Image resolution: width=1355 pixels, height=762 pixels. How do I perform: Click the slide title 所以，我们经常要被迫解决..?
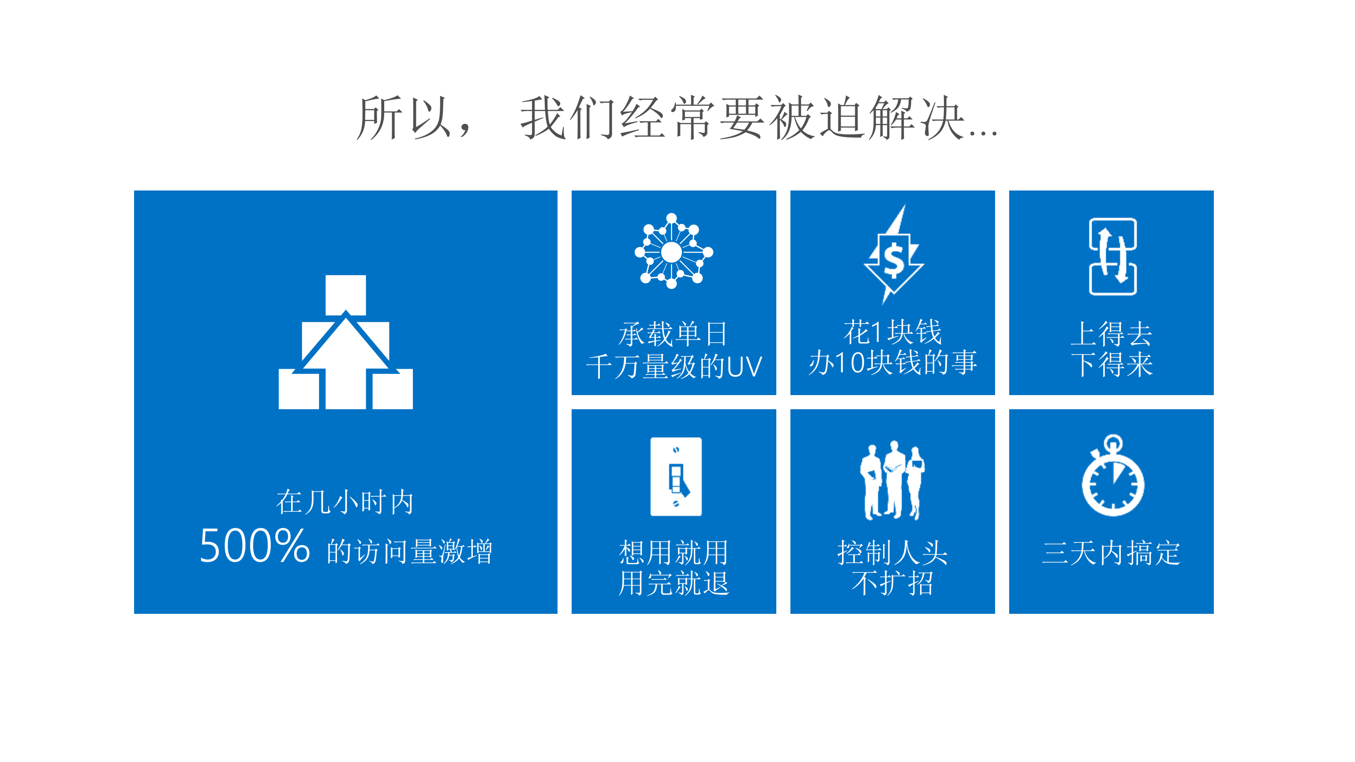[x=677, y=118]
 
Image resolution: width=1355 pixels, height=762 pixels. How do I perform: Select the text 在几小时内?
[x=345, y=502]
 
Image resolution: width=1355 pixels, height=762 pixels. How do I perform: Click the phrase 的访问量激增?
[x=409, y=551]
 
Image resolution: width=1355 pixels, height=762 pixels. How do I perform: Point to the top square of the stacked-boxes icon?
[x=346, y=295]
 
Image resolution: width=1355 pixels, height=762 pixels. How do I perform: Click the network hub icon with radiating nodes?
[x=673, y=251]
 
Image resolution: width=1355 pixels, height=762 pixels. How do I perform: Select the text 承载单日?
[x=673, y=334]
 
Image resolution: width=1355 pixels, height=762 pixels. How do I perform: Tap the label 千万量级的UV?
[x=674, y=366]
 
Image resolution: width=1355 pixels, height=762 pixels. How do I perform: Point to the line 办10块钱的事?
[x=893, y=362]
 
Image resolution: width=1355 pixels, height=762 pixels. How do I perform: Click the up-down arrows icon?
[x=1112, y=257]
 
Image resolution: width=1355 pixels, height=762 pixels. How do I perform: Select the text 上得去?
[x=1112, y=333]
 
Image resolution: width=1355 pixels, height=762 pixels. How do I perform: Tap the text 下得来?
[x=1112, y=364]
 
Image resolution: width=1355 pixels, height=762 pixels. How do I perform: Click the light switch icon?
[x=676, y=476]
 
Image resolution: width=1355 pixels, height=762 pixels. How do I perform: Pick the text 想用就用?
[x=674, y=552]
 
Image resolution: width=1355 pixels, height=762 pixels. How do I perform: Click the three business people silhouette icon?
[x=892, y=480]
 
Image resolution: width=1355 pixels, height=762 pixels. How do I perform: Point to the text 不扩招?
[x=893, y=583]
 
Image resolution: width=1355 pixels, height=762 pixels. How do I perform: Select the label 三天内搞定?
[x=1112, y=553]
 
